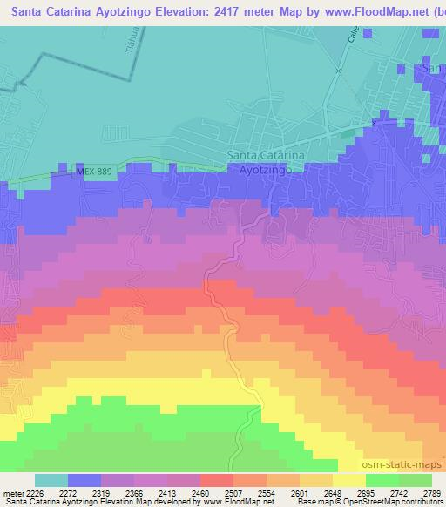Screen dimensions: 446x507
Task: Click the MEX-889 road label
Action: coord(94,172)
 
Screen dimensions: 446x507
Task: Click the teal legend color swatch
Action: coord(51,480)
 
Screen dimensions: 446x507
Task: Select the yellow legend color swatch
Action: coord(348,480)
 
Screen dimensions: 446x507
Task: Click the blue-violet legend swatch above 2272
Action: coord(84,480)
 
